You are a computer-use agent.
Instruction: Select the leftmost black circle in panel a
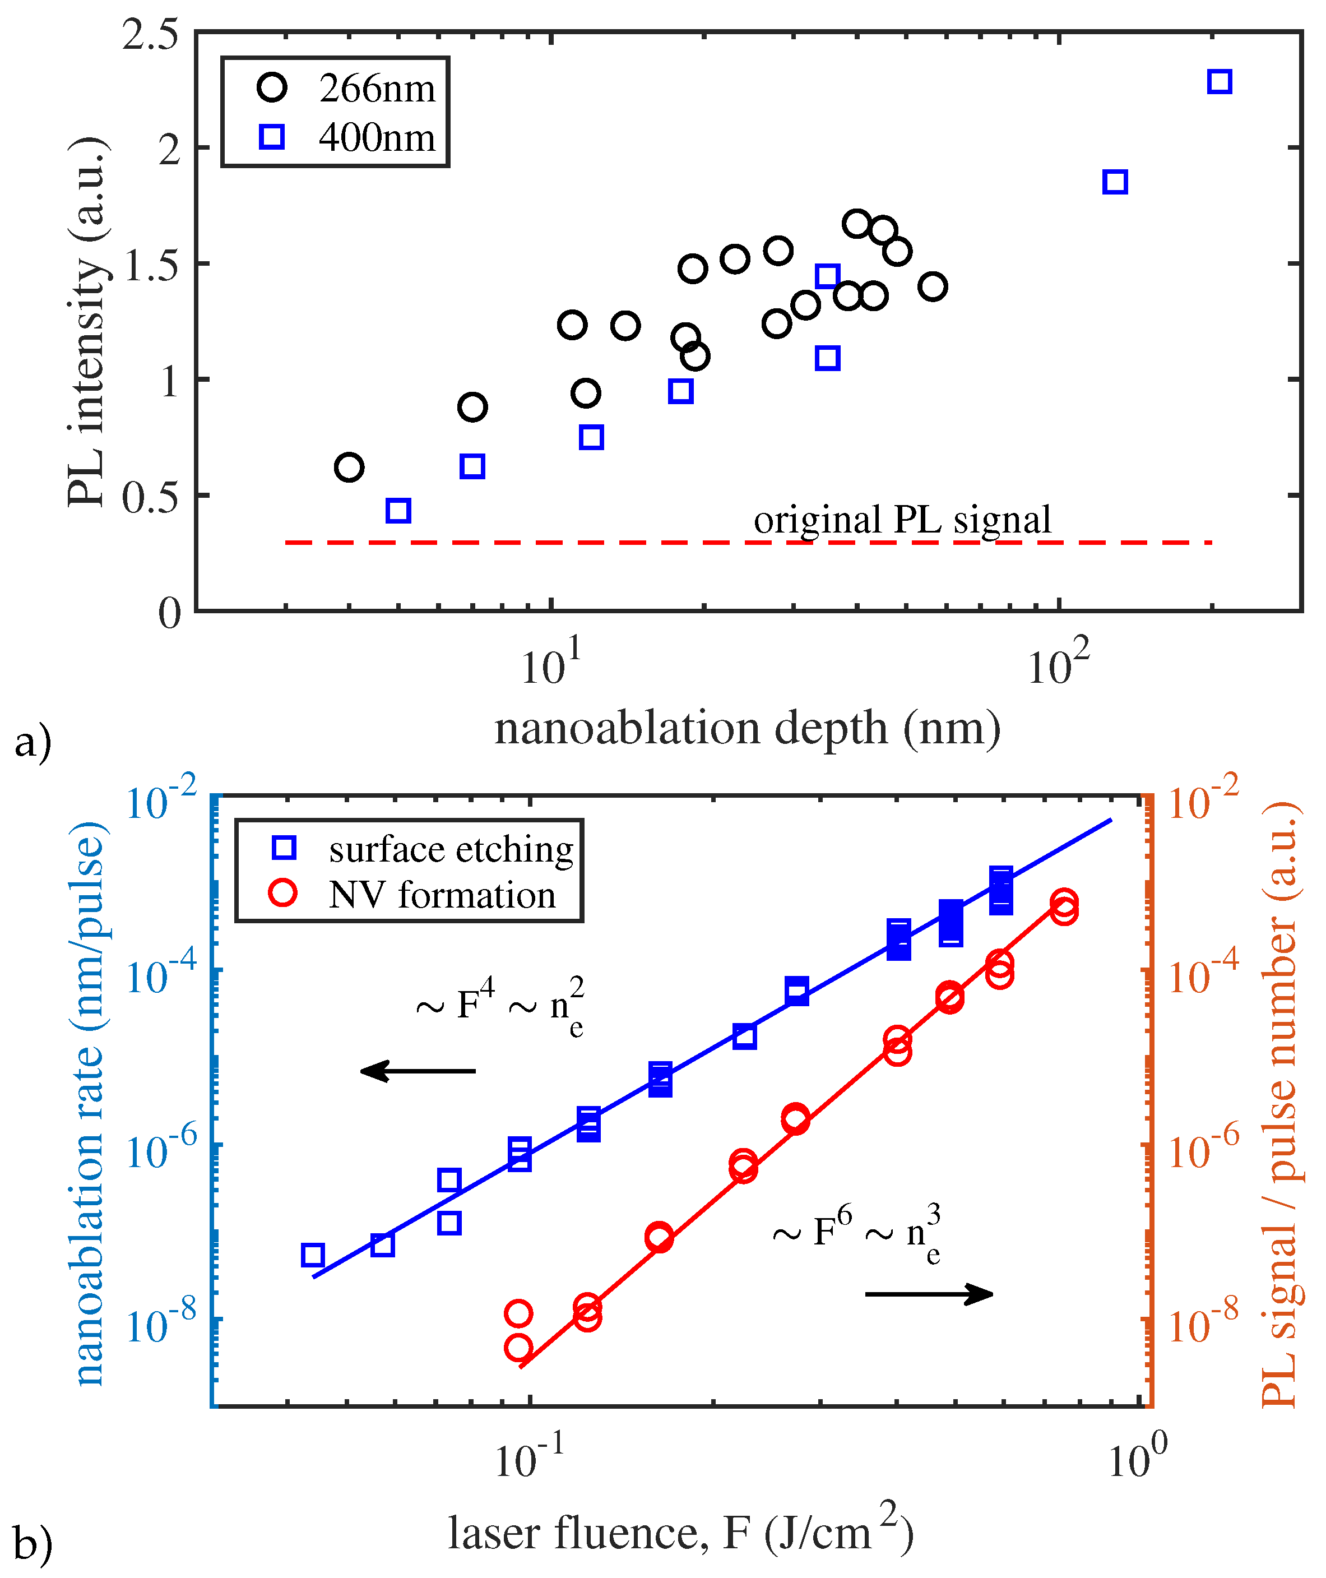point(349,467)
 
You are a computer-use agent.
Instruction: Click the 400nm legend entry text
point(377,137)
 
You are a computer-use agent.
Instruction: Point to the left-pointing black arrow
point(417,1071)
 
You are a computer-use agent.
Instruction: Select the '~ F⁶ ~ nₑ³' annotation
point(856,1233)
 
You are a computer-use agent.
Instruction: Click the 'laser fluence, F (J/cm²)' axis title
point(680,1534)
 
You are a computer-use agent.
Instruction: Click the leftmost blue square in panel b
point(312,1255)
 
